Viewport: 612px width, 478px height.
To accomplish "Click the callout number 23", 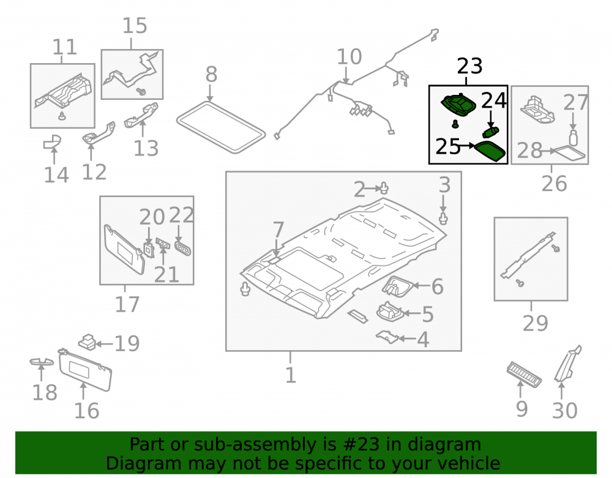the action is click(x=469, y=66).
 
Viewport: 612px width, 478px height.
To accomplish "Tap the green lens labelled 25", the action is click(x=490, y=151).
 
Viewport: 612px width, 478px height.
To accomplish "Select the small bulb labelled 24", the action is click(x=491, y=132).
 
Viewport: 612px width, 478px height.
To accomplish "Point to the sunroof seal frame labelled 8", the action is click(x=221, y=127).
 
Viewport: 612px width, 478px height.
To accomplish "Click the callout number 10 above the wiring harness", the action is click(x=349, y=56).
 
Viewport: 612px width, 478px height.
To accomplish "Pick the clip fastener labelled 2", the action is click(x=384, y=188).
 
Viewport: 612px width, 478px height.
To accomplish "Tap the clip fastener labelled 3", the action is click(x=443, y=218).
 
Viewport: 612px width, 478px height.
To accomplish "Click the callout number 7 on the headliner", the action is click(x=278, y=230).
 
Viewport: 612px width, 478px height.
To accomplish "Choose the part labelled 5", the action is click(x=389, y=312).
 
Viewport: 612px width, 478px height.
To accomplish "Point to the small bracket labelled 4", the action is click(x=387, y=337).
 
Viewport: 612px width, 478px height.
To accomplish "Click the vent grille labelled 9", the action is click(x=524, y=374).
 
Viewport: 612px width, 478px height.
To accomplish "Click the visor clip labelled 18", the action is click(x=42, y=362).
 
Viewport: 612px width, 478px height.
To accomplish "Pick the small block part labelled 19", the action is click(x=88, y=342).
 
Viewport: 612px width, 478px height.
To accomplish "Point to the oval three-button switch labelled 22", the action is click(x=182, y=248).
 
